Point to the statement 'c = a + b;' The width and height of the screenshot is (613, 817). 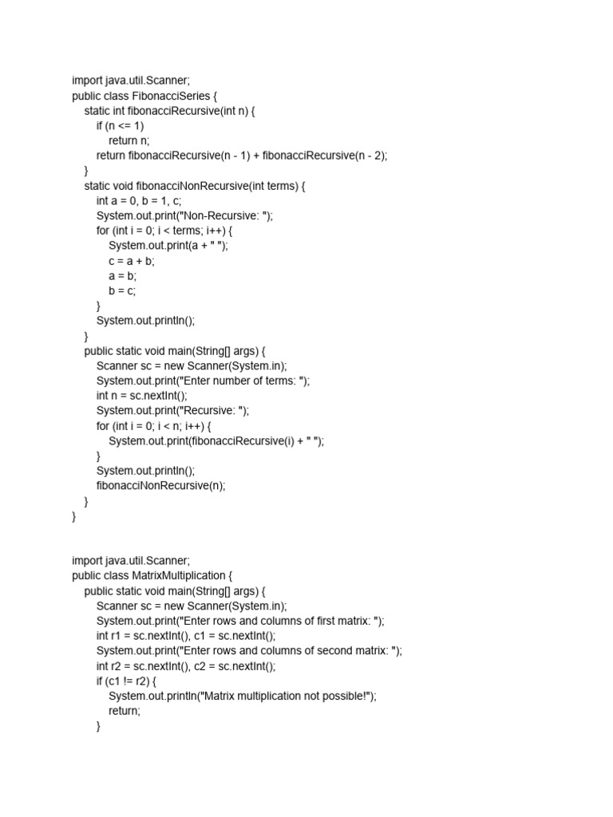pos(132,261)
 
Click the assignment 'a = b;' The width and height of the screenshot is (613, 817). pos(123,276)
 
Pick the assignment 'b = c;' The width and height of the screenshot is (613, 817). pos(123,290)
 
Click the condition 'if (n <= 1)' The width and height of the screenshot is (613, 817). pos(121,126)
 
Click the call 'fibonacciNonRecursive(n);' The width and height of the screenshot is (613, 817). pos(160,486)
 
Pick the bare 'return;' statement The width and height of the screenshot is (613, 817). pos(125,711)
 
